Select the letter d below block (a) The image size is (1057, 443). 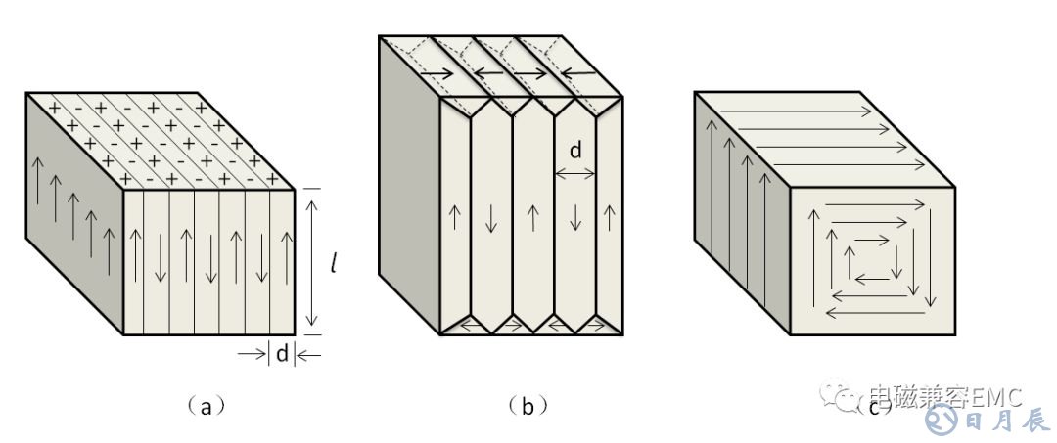tap(282, 354)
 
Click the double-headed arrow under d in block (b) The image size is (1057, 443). tap(575, 173)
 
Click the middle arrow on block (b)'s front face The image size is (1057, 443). tap(532, 218)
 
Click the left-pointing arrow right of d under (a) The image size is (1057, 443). tap(308, 354)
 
